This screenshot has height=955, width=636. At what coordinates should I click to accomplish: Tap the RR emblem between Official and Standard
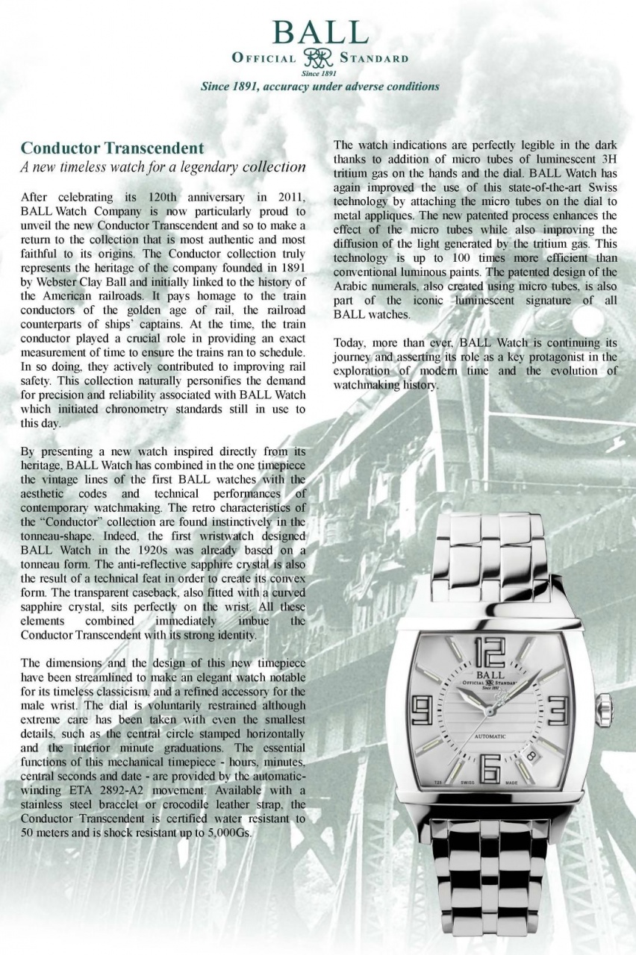[x=319, y=59]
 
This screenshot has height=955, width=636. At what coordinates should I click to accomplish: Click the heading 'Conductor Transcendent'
[x=112, y=147]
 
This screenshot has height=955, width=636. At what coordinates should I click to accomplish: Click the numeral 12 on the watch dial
[x=489, y=653]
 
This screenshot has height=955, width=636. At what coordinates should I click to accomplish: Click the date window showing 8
[x=532, y=756]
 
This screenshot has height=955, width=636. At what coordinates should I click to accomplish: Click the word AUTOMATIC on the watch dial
[x=490, y=736]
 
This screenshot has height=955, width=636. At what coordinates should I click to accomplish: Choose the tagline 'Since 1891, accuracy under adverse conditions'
[x=319, y=87]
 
